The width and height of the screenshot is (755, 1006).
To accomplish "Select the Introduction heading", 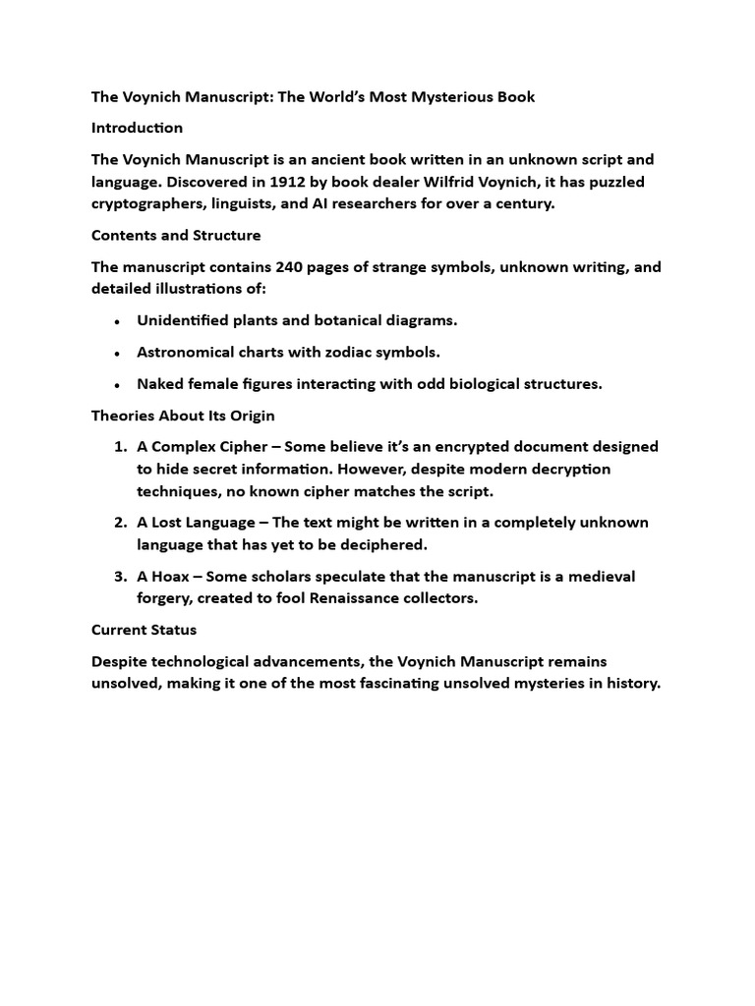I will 137,128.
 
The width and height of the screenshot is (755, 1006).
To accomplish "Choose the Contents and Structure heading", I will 176,235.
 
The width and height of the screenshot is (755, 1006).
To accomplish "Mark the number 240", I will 291,266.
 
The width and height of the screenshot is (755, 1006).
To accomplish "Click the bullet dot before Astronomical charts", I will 118,353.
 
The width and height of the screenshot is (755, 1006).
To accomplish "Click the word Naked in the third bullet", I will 160,384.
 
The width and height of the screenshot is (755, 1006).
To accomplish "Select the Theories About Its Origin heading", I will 182,415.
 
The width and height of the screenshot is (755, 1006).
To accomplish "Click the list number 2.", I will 120,523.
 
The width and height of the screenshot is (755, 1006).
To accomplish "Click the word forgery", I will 165,598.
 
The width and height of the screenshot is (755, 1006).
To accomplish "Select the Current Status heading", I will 144,629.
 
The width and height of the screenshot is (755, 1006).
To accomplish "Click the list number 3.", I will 120,576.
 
